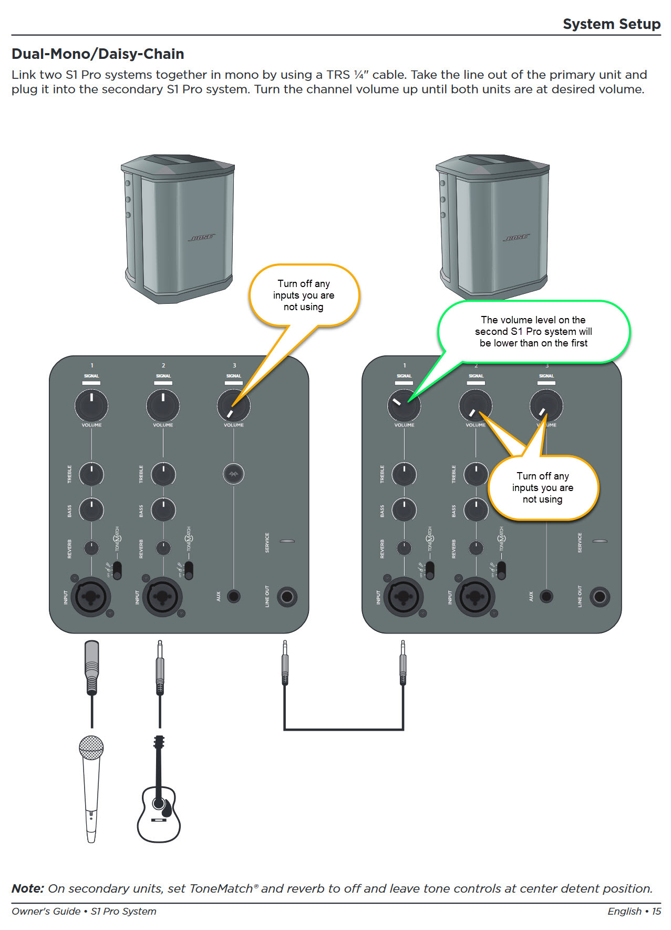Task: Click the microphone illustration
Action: pyautogui.click(x=91, y=788)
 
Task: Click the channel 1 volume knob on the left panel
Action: pyautogui.click(x=91, y=405)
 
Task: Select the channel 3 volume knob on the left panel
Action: pyautogui.click(x=233, y=405)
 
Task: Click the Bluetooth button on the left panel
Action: pyautogui.click(x=233, y=474)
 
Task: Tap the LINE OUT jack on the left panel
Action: pyautogui.click(x=287, y=596)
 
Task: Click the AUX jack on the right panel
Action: pyautogui.click(x=546, y=596)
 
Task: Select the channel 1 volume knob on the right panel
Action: pyautogui.click(x=404, y=405)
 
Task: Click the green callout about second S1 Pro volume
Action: pyautogui.click(x=533, y=332)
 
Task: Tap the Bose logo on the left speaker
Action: pyautogui.click(x=202, y=238)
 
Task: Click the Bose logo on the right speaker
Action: pyautogui.click(x=517, y=238)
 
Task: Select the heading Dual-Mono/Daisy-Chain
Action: pyautogui.click(x=98, y=54)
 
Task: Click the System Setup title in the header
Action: pyautogui.click(x=611, y=24)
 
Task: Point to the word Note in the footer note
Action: pyautogui.click(x=27, y=888)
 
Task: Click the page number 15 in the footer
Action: pyautogui.click(x=656, y=911)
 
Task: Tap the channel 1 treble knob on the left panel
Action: pyautogui.click(x=91, y=474)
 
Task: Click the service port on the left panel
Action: pyautogui.click(x=287, y=541)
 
